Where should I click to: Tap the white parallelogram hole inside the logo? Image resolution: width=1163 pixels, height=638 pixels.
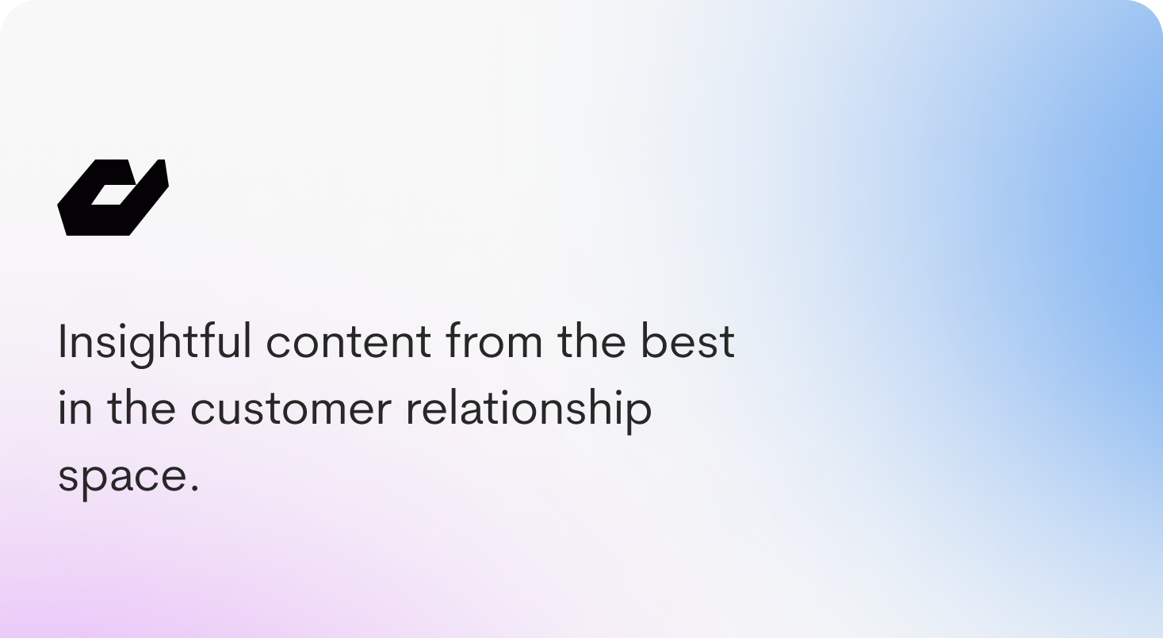point(113,194)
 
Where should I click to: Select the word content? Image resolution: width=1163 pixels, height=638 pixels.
point(348,342)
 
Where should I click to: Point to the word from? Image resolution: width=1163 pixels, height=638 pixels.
point(494,340)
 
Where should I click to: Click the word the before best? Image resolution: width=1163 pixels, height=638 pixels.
point(591,340)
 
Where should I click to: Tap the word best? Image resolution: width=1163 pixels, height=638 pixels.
point(688,340)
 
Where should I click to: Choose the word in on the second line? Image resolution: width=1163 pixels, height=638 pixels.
point(75,407)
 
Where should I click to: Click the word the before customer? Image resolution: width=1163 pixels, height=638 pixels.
point(141,407)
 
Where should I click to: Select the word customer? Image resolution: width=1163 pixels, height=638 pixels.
point(290,409)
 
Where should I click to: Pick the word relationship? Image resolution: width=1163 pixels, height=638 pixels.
point(529,410)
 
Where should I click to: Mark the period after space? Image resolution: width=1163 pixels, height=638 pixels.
point(195,488)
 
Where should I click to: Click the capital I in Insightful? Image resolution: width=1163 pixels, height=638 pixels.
point(62,340)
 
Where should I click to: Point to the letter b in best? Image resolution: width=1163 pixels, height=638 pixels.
point(656,340)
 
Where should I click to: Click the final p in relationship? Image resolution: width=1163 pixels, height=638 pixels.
point(637,414)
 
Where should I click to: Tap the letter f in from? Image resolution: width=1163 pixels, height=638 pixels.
point(453,340)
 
